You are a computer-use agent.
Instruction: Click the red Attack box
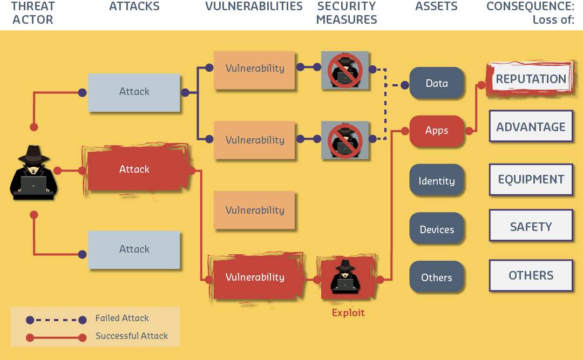click(134, 169)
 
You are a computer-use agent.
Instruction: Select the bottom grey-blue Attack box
click(134, 249)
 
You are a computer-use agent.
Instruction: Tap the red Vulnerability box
click(255, 277)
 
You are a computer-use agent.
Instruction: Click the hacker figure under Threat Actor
click(33, 173)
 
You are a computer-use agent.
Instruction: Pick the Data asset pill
click(437, 83)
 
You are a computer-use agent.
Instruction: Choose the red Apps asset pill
click(437, 131)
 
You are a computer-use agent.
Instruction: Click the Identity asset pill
click(437, 181)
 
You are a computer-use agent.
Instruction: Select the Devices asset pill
click(437, 229)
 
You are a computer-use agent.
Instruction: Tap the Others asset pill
click(437, 277)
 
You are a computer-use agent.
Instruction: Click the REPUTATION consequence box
click(531, 79)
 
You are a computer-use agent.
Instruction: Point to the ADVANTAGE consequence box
click(531, 127)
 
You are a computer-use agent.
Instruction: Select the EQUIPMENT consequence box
click(531, 179)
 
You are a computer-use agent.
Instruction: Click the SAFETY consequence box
click(531, 227)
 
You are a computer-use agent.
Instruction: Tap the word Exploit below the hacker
click(348, 313)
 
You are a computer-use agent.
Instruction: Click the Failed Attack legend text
click(122, 318)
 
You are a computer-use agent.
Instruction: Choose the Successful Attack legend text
click(132, 336)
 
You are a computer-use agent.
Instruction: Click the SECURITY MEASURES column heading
click(347, 13)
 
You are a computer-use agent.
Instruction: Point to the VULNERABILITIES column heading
click(254, 7)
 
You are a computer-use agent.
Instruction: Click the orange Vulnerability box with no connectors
click(254, 210)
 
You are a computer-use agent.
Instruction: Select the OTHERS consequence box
click(531, 275)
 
